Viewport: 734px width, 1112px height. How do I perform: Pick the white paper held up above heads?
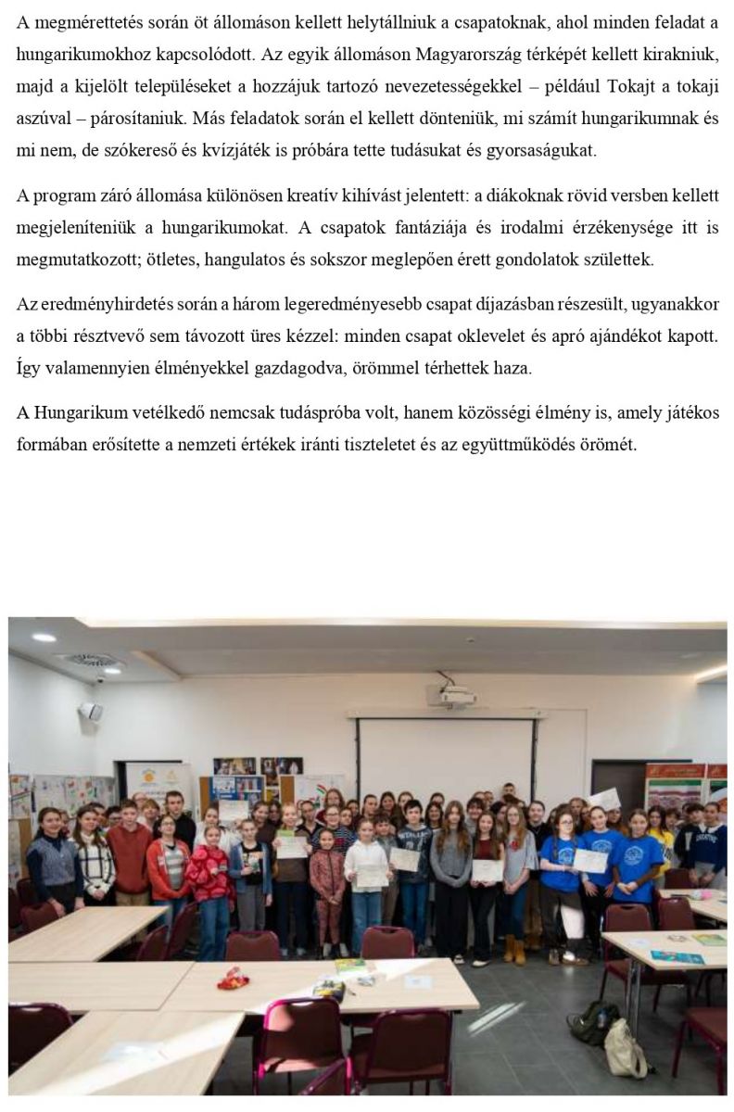(603, 799)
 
